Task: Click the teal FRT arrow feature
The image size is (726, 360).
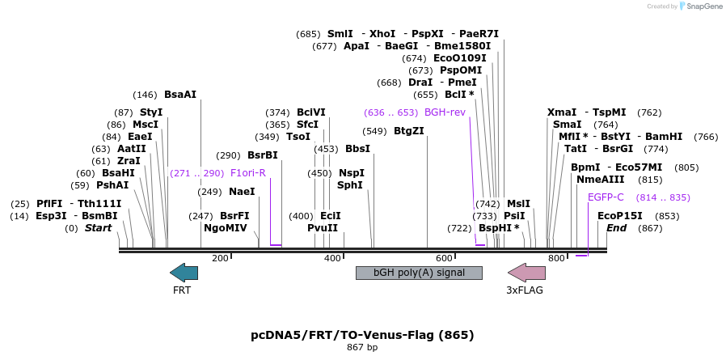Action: [184, 273]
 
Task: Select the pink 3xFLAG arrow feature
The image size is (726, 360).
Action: [526, 273]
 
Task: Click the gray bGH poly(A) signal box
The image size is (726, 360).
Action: [419, 273]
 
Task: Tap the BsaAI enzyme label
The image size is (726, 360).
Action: [180, 94]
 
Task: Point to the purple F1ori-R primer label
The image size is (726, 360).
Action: [247, 172]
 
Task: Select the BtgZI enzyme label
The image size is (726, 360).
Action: [408, 131]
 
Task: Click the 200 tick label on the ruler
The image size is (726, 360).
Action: [220, 258]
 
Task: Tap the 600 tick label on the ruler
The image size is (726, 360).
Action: [444, 258]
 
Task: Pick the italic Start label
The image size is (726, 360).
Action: [98, 228]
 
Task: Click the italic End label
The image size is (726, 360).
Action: [617, 228]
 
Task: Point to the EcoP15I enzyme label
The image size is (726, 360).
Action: [620, 216]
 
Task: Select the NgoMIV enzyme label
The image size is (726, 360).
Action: [226, 228]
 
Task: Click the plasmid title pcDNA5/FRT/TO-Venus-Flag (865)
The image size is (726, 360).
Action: [362, 334]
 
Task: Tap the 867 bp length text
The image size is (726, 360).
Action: [362, 347]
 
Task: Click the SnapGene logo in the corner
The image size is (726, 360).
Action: [699, 6]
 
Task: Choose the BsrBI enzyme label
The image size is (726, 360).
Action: [262, 155]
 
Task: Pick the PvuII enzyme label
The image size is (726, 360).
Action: [323, 228]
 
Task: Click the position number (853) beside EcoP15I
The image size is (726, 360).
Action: [667, 216]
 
